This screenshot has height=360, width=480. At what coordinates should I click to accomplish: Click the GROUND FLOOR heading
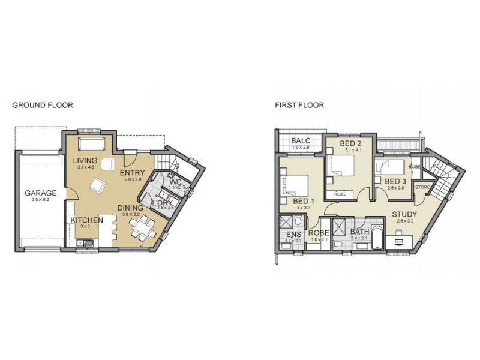43,105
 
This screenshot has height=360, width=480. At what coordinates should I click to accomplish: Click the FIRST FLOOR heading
299,105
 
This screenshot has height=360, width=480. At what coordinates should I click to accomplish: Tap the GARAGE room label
41,193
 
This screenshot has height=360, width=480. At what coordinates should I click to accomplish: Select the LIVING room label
86,161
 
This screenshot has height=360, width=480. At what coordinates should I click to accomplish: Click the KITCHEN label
87,220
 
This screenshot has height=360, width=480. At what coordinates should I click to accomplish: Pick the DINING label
131,208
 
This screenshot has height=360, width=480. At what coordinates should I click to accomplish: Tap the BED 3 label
395,181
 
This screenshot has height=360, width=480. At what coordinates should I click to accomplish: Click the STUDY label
405,214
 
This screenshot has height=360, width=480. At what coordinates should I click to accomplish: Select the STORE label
422,187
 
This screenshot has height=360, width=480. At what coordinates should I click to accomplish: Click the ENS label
293,233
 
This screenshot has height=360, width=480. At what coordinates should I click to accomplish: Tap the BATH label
360,232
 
